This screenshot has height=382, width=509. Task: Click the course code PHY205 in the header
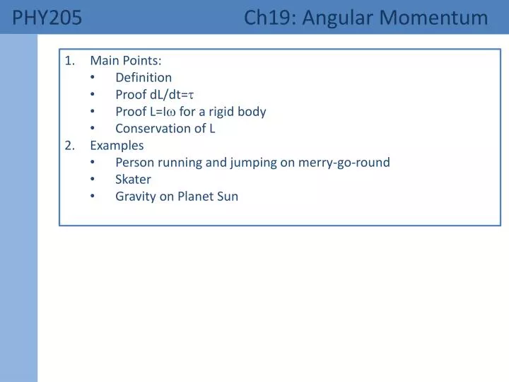click(x=47, y=18)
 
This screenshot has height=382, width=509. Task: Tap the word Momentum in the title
click(x=438, y=18)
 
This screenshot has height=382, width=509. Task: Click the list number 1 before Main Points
click(x=69, y=60)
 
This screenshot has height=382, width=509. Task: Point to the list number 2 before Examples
click(x=69, y=145)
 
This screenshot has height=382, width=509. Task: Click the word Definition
click(x=144, y=77)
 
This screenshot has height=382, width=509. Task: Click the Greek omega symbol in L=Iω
click(x=170, y=112)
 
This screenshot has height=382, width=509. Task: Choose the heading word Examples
click(x=117, y=145)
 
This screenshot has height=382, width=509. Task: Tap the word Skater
click(x=133, y=179)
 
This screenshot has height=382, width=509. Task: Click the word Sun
click(x=228, y=196)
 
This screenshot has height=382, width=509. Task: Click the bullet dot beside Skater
click(x=94, y=179)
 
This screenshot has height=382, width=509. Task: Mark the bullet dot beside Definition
click(x=94, y=77)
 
